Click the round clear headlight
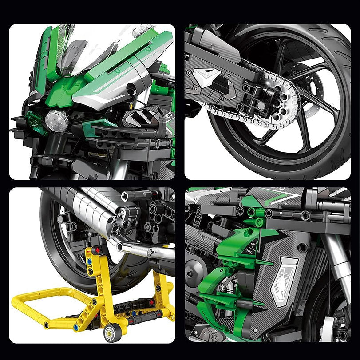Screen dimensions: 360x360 tap(57, 120)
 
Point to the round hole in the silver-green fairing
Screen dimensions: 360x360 tap(131, 90)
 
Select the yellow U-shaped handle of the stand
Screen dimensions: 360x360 tap(40, 306)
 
